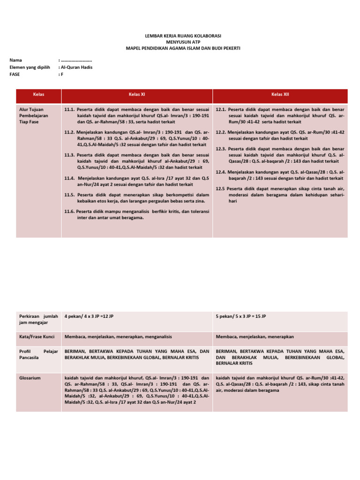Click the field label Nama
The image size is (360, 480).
pos(15,60)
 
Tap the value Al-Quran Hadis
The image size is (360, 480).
pos(76,67)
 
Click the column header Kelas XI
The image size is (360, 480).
pos(137,94)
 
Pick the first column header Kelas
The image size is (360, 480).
pos(38,94)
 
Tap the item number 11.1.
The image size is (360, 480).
pos(70,109)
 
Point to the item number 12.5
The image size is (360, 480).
pos(221,188)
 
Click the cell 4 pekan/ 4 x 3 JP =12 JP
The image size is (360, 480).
pos(89,316)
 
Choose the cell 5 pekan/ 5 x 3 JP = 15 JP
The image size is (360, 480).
pos(241,316)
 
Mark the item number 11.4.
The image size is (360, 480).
pos(70,178)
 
